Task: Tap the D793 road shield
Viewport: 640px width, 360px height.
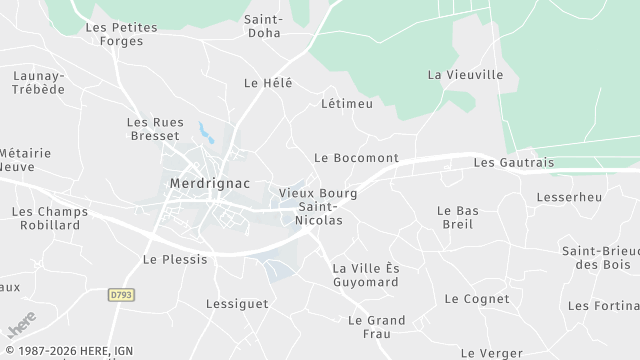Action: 121,294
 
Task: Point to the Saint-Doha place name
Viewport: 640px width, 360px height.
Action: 264,26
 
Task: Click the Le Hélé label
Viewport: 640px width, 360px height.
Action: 268,83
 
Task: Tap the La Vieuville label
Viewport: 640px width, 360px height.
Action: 461,74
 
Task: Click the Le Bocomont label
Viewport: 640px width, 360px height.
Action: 356,158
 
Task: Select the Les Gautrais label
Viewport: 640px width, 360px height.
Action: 513,162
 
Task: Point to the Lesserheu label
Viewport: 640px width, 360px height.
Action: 569,198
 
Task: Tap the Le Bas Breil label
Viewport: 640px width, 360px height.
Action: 458,217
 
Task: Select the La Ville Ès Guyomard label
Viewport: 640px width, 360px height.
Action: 365,275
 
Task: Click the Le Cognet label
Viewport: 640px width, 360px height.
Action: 477,299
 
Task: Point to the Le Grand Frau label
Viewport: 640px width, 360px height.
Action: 376,327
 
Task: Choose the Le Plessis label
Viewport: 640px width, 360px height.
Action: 175,259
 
